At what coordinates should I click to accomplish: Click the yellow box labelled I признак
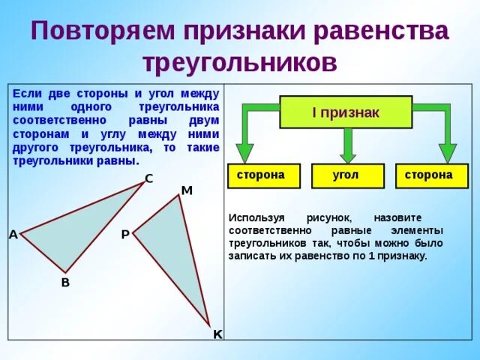coord(346,112)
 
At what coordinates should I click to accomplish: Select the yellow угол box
coord(346,175)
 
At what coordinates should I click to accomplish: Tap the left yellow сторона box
coord(260,175)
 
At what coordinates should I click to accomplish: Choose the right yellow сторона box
coord(428,175)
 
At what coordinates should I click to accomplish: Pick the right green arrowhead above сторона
coord(447,153)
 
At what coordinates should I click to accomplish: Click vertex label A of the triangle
coord(13,235)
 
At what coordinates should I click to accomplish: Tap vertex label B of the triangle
coord(65,282)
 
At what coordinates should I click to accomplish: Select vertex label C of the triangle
coord(148,178)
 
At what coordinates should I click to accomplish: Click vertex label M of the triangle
coord(187,190)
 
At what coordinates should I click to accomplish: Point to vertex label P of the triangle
coord(124,235)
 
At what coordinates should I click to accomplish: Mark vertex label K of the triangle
coord(217,334)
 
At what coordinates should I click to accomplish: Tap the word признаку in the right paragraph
coord(403,256)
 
